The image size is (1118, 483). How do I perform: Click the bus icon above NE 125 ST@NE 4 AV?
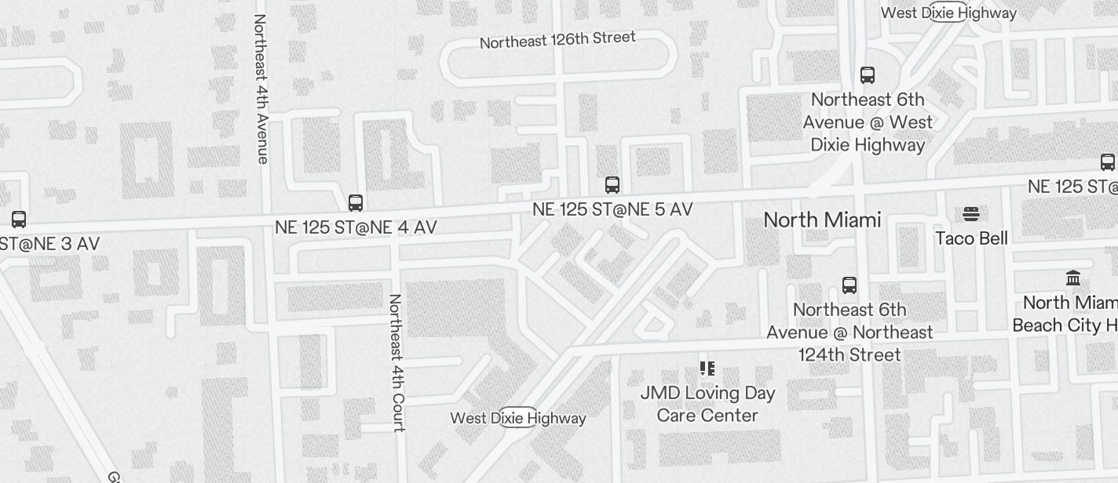[356, 203]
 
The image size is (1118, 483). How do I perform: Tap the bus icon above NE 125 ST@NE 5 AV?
[612, 185]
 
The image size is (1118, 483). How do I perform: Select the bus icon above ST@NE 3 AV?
[19, 220]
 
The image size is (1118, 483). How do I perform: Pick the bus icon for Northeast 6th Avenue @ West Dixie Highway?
[868, 75]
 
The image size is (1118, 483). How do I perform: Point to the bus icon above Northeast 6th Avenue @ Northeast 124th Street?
[849, 285]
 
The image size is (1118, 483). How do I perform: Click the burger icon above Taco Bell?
[971, 214]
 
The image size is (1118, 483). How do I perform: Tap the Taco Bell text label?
[971, 238]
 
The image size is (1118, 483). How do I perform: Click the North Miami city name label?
[822, 220]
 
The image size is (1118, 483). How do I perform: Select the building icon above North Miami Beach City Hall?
[1073, 278]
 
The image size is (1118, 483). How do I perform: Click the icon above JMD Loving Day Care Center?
[707, 368]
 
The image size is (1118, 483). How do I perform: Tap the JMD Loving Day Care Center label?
[707, 404]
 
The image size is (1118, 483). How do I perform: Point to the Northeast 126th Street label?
[557, 40]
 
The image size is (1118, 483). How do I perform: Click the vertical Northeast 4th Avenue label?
[261, 89]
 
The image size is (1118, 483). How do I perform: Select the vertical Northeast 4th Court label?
[396, 362]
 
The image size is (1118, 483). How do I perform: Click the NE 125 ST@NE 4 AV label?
[356, 227]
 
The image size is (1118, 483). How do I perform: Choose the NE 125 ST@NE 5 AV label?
[612, 209]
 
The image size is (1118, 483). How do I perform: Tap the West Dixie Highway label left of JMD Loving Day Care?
[518, 418]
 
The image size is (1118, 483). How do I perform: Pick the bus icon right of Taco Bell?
[1108, 162]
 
